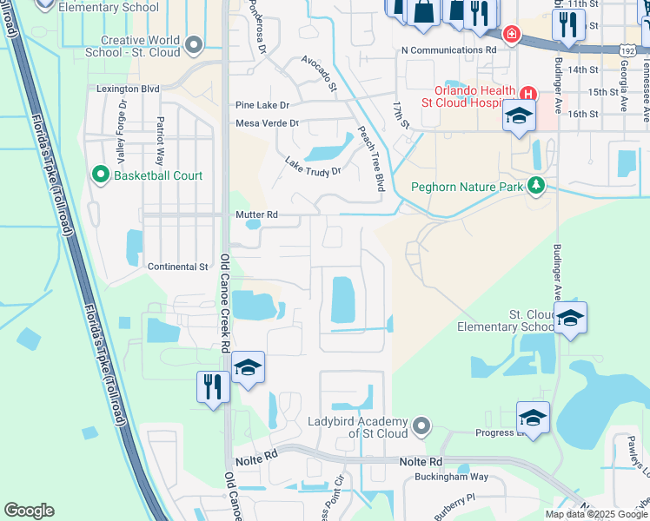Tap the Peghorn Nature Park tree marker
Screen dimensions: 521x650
coord(536,185)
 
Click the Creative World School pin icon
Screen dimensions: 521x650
coord(194,44)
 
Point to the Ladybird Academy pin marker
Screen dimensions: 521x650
coord(421,425)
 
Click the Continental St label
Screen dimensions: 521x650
coord(178,267)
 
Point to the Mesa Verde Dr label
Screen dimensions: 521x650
coord(267,123)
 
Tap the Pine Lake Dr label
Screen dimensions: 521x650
coord(262,105)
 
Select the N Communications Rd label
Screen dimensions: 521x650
coord(448,50)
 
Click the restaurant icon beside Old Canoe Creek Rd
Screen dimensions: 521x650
coord(212,386)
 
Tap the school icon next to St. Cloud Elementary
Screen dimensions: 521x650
coord(570,318)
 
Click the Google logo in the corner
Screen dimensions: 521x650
coord(29,511)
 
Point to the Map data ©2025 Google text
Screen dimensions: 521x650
coord(595,514)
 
